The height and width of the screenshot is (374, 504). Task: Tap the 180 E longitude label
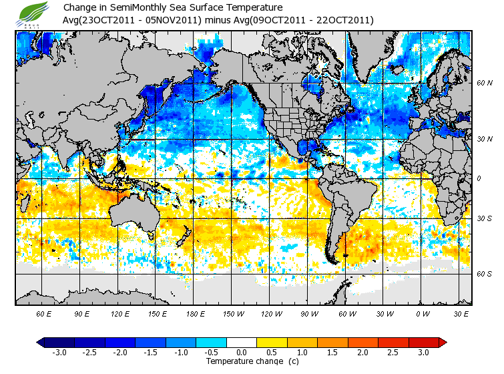tap(195, 313)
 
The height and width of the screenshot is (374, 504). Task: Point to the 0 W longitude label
tap(421, 313)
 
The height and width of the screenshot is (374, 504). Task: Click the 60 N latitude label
tap(484, 83)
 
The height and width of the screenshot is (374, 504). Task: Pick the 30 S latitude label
tap(484, 218)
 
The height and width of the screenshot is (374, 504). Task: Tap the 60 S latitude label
tap(484, 274)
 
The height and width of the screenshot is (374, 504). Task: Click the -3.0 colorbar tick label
tap(59, 352)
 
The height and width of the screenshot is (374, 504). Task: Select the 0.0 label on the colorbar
tap(242, 352)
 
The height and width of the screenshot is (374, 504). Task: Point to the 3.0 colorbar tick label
tap(423, 352)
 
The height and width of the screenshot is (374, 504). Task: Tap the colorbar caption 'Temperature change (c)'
tap(243, 361)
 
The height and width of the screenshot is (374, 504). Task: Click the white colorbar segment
tap(242, 342)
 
